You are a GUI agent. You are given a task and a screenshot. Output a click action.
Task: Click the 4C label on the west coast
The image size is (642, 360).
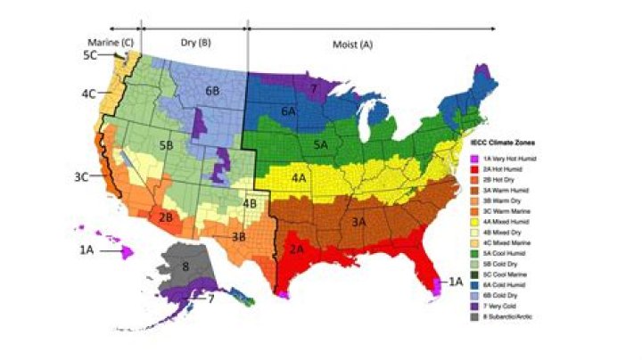[x=89, y=93]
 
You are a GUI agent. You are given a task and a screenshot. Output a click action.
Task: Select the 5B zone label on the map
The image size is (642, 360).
[x=164, y=143]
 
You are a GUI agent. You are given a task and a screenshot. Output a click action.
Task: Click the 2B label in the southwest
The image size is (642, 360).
[x=165, y=217]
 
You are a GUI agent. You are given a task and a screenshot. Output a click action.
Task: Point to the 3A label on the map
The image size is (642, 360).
[x=359, y=220]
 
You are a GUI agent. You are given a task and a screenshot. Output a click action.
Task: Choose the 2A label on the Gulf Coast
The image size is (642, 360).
[x=295, y=249]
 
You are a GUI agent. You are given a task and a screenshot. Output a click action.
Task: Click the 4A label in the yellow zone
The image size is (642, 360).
[x=300, y=178]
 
